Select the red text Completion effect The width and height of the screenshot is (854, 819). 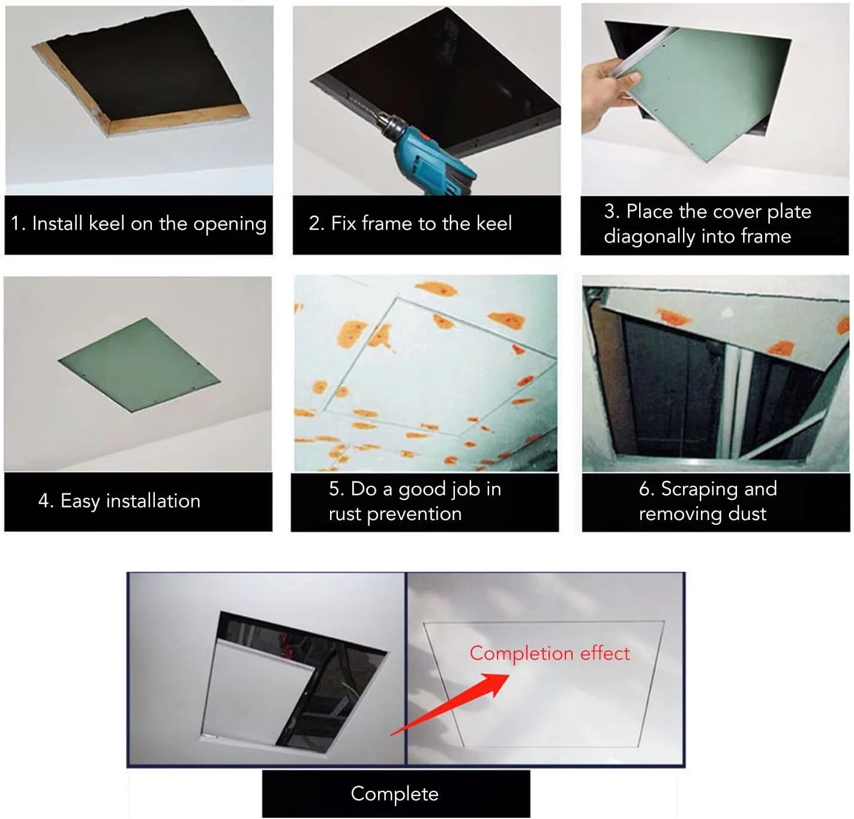(550, 653)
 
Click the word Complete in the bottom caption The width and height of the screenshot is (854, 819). (394, 794)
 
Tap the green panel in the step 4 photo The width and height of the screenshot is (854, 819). (139, 364)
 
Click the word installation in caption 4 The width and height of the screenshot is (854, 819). (153, 501)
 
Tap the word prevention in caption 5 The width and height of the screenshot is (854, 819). (414, 515)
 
